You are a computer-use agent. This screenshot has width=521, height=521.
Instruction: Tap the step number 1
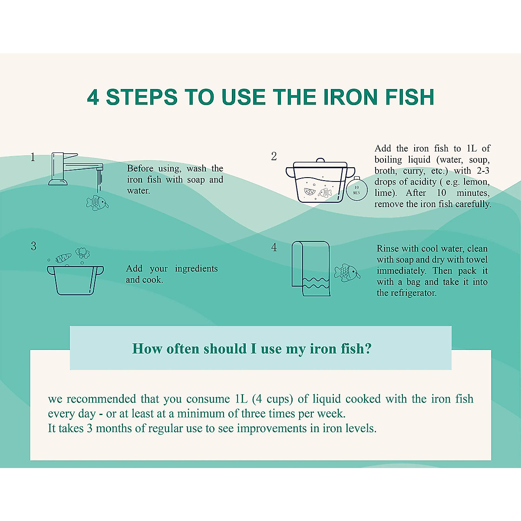(x=33, y=157)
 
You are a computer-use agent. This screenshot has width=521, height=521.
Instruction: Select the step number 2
(x=274, y=156)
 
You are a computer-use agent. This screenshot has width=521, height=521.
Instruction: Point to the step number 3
(x=33, y=246)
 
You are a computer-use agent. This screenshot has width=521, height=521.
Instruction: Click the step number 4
(x=274, y=247)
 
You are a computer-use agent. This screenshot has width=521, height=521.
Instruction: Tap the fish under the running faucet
(x=97, y=202)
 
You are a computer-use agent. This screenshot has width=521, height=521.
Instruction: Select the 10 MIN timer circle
(x=356, y=190)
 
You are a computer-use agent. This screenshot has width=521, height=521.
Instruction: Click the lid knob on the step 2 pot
(x=320, y=160)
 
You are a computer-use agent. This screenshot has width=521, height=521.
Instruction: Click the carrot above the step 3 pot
(x=63, y=258)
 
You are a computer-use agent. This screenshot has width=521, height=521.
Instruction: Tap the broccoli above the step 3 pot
(x=82, y=253)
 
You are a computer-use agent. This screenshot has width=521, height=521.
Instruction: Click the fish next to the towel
(x=346, y=273)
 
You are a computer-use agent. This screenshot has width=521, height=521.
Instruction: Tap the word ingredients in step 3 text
(x=196, y=269)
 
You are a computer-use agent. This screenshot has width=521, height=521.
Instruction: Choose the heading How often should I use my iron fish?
(x=252, y=349)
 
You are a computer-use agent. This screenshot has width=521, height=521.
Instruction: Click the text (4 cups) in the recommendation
(x=271, y=399)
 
